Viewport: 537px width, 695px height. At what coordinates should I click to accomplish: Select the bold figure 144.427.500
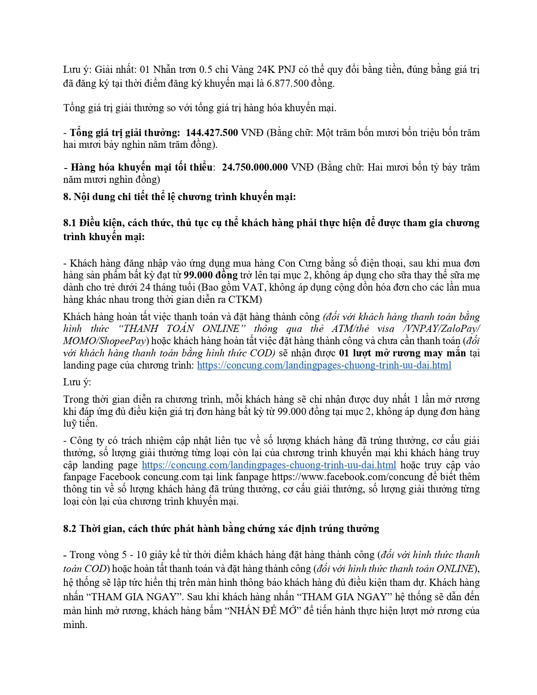coord(212,133)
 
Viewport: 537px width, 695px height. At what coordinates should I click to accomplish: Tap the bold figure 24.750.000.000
coord(255,167)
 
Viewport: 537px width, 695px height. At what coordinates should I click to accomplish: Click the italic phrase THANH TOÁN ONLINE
coord(182,329)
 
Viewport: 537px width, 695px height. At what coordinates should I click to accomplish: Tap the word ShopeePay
coord(123,341)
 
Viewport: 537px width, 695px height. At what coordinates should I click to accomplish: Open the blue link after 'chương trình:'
coord(324,365)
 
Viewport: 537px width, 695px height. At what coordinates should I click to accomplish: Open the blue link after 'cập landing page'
coord(269,465)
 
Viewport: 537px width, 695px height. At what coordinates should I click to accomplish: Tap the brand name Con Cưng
coord(297,263)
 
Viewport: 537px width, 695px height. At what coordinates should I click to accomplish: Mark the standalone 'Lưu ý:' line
coord(77,382)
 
